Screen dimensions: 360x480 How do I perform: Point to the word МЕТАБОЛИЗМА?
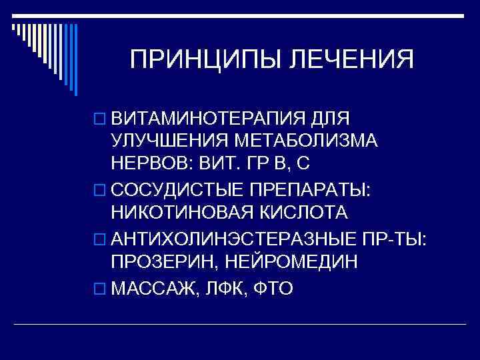[x=309, y=141]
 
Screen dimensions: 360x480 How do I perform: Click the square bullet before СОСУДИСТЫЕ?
[x=100, y=190]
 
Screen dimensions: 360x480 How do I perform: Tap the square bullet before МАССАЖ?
[x=100, y=289]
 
